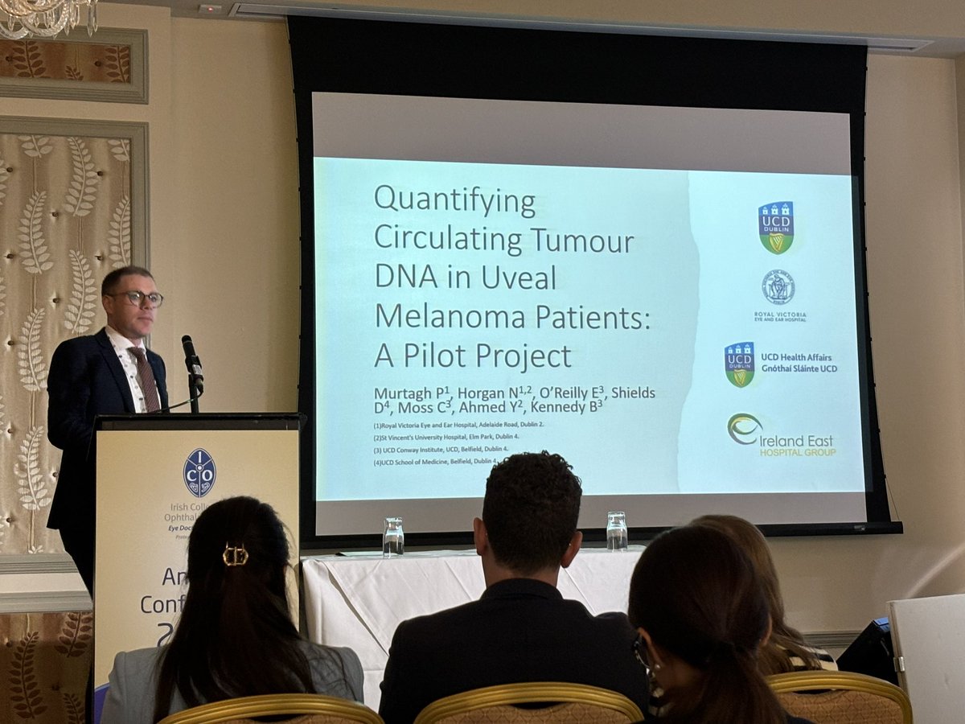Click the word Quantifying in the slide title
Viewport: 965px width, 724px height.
coord(454,202)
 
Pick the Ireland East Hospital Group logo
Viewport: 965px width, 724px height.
coord(781,435)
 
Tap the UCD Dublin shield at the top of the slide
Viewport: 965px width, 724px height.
coord(776,228)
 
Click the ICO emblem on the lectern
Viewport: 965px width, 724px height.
coord(199,473)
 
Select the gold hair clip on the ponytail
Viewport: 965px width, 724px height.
coord(235,554)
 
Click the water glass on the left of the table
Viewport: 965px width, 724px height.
coord(392,537)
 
